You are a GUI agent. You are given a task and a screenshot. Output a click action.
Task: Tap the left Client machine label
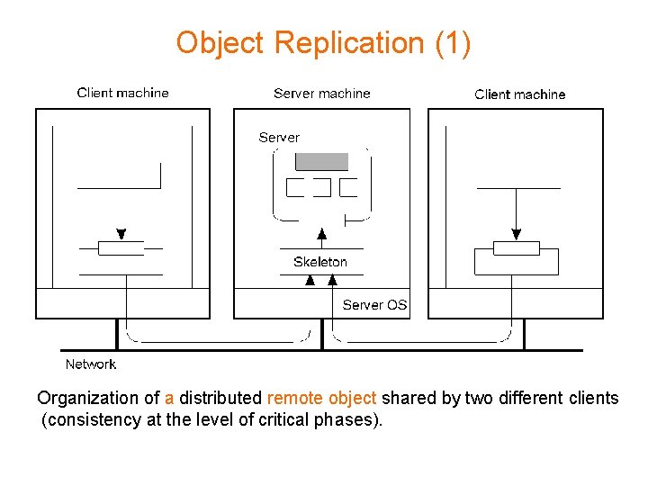coord(122,93)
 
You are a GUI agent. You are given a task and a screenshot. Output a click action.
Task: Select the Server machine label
coord(321,94)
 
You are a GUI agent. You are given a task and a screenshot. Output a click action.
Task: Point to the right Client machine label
coord(519,94)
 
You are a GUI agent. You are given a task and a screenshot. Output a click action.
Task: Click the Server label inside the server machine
coord(279,138)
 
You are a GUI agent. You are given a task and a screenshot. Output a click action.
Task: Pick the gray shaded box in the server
coord(322,162)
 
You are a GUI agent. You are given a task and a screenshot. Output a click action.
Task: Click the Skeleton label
coord(319,262)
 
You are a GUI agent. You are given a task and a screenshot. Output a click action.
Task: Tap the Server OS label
coord(374,305)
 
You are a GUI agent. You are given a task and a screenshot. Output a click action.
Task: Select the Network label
coord(90,364)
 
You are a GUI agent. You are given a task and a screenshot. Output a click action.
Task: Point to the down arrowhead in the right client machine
coord(516,234)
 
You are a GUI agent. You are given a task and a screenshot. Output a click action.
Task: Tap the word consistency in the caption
coord(93,419)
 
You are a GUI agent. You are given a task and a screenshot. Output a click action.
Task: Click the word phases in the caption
coord(346,419)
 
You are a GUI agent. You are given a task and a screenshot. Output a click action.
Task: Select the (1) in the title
coord(451,42)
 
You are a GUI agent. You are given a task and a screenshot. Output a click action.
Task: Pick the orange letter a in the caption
coord(169,398)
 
